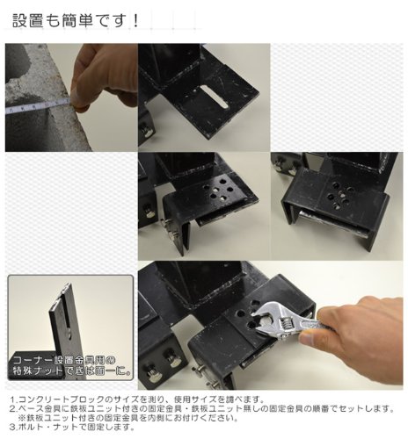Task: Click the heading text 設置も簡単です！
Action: click(76, 21)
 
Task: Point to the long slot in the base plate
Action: click(215, 97)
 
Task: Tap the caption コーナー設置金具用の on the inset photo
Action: click(64, 360)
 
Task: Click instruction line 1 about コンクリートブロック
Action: click(137, 399)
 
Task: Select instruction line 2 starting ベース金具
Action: click(201, 408)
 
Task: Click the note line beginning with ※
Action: click(127, 417)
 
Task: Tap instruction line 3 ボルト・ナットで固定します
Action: click(72, 427)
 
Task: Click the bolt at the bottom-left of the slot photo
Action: click(149, 131)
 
